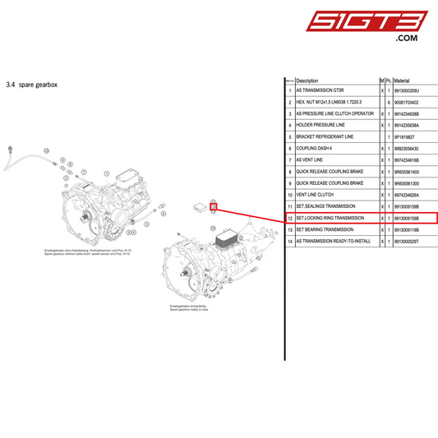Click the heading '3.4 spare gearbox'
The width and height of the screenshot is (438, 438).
pyautogui.click(x=30, y=84)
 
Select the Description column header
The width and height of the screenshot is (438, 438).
pyautogui.click(x=307, y=81)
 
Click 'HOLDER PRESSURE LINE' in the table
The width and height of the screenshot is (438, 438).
pyautogui.click(x=321, y=125)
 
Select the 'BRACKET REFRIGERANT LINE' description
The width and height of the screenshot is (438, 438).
pyautogui.click(x=325, y=136)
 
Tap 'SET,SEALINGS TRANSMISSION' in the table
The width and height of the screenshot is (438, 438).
pyautogui.click(x=326, y=205)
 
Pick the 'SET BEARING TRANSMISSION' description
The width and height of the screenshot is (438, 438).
pyautogui.click(x=325, y=229)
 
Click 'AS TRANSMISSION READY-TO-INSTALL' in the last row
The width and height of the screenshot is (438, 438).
pyautogui.click(x=334, y=242)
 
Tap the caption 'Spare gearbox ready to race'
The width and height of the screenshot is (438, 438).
pyautogui.click(x=189, y=310)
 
